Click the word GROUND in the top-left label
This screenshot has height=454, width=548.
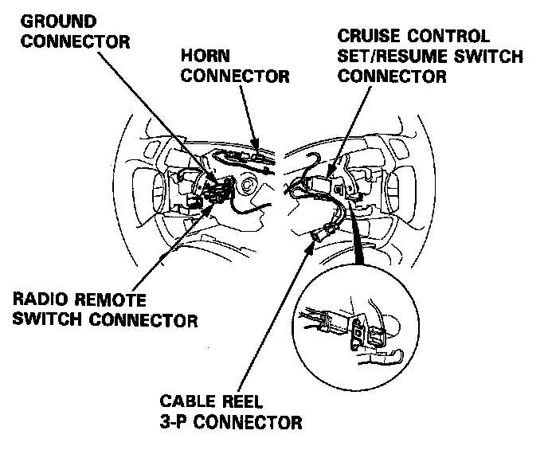[57, 19]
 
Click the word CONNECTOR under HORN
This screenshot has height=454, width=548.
[235, 76]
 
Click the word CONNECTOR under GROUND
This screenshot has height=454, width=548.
[76, 40]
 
